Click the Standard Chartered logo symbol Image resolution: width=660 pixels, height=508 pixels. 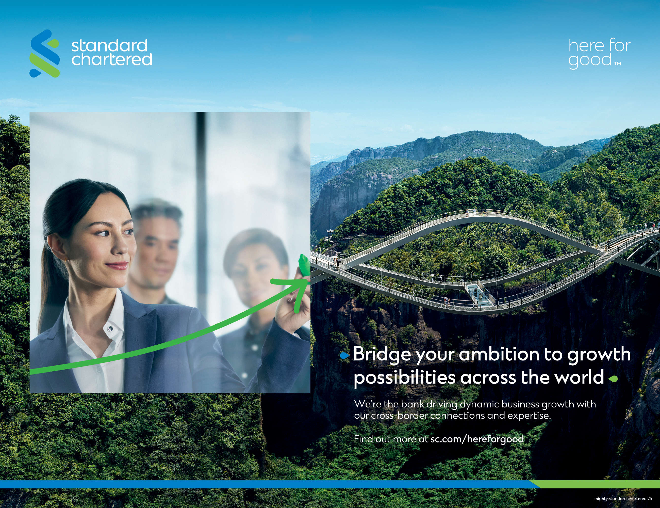click(44, 53)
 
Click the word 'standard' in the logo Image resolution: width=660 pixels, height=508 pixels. click(109, 46)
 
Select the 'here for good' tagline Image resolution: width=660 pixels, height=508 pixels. click(599, 54)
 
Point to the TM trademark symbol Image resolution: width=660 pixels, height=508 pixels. click(617, 64)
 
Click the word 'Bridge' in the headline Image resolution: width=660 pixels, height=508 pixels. click(382, 354)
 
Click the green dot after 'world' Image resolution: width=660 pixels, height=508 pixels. click(613, 378)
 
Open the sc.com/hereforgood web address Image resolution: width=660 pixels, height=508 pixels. click(477, 439)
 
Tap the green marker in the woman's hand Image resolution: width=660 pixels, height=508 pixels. click(304, 265)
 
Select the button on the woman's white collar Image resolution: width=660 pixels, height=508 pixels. click(111, 328)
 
